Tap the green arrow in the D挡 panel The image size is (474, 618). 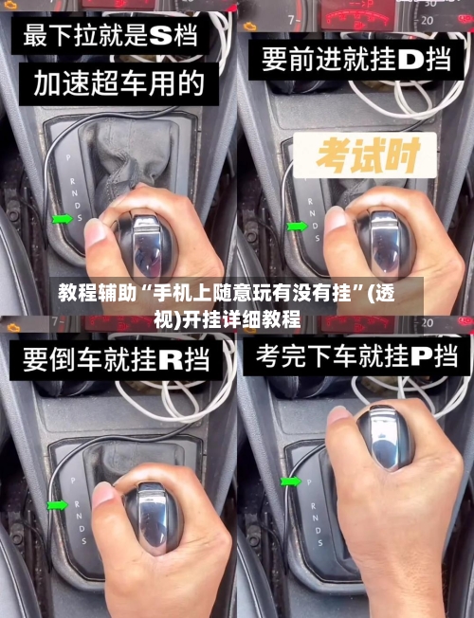click(297, 226)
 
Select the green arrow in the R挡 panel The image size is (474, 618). click(57, 504)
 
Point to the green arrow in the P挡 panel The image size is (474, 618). click(290, 482)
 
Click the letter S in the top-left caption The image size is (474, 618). click(160, 37)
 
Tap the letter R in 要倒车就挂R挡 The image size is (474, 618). click(171, 359)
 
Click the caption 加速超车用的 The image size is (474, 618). click(119, 84)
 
